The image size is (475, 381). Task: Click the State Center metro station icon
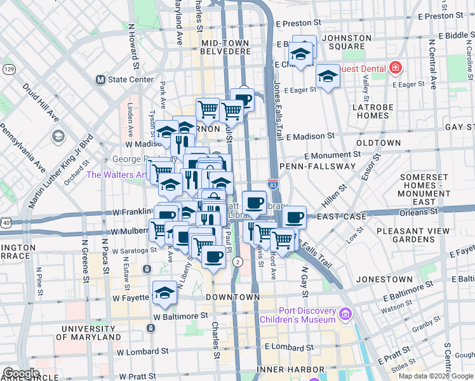tap(100, 80)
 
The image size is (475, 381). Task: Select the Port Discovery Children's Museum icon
tap(345, 314)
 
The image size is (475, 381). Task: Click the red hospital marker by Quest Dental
tap(395, 67)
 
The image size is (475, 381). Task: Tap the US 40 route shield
tap(6, 223)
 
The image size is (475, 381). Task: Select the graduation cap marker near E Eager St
tap(328, 76)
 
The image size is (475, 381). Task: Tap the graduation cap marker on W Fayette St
tap(164, 291)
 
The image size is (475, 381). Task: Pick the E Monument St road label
tap(328, 155)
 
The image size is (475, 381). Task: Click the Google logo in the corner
tap(21, 373)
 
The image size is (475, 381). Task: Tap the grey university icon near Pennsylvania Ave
tap(58, 137)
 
